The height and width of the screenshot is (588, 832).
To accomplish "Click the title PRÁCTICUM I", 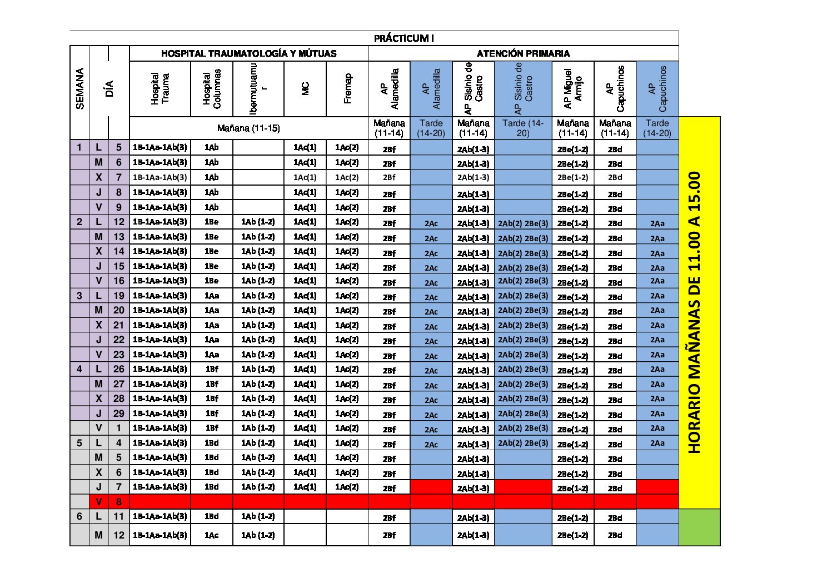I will (x=403, y=38).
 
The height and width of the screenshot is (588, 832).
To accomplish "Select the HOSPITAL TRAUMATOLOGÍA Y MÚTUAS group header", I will (x=248, y=53).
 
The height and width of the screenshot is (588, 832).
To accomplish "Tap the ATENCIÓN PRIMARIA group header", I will (x=523, y=53).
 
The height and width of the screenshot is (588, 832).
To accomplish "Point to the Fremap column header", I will (x=347, y=89).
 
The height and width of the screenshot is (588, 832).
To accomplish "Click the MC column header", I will (x=305, y=89).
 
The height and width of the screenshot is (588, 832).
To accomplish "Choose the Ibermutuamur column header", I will (x=258, y=89).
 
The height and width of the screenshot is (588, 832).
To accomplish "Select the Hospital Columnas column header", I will (x=212, y=89).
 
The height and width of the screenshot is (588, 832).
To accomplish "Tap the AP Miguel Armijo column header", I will (x=572, y=89).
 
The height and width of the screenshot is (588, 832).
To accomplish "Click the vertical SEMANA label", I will (x=80, y=89).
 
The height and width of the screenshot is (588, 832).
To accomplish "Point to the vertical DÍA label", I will (x=109, y=89).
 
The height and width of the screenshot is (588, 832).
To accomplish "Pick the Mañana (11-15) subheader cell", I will (x=248, y=128).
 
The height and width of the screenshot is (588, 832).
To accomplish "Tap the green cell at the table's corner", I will (x=699, y=527).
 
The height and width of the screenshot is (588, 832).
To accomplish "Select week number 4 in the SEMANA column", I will (x=79, y=369).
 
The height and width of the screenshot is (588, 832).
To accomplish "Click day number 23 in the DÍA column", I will (x=118, y=355).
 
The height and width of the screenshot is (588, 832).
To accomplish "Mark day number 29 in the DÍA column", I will (x=118, y=413).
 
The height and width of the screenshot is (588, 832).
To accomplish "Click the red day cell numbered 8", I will (x=118, y=502).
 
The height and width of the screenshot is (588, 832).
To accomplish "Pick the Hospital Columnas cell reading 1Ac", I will (x=211, y=535).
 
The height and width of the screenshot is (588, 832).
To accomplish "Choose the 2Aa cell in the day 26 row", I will (x=657, y=370).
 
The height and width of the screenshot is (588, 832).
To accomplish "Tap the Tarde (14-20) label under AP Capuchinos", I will (x=657, y=128).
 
